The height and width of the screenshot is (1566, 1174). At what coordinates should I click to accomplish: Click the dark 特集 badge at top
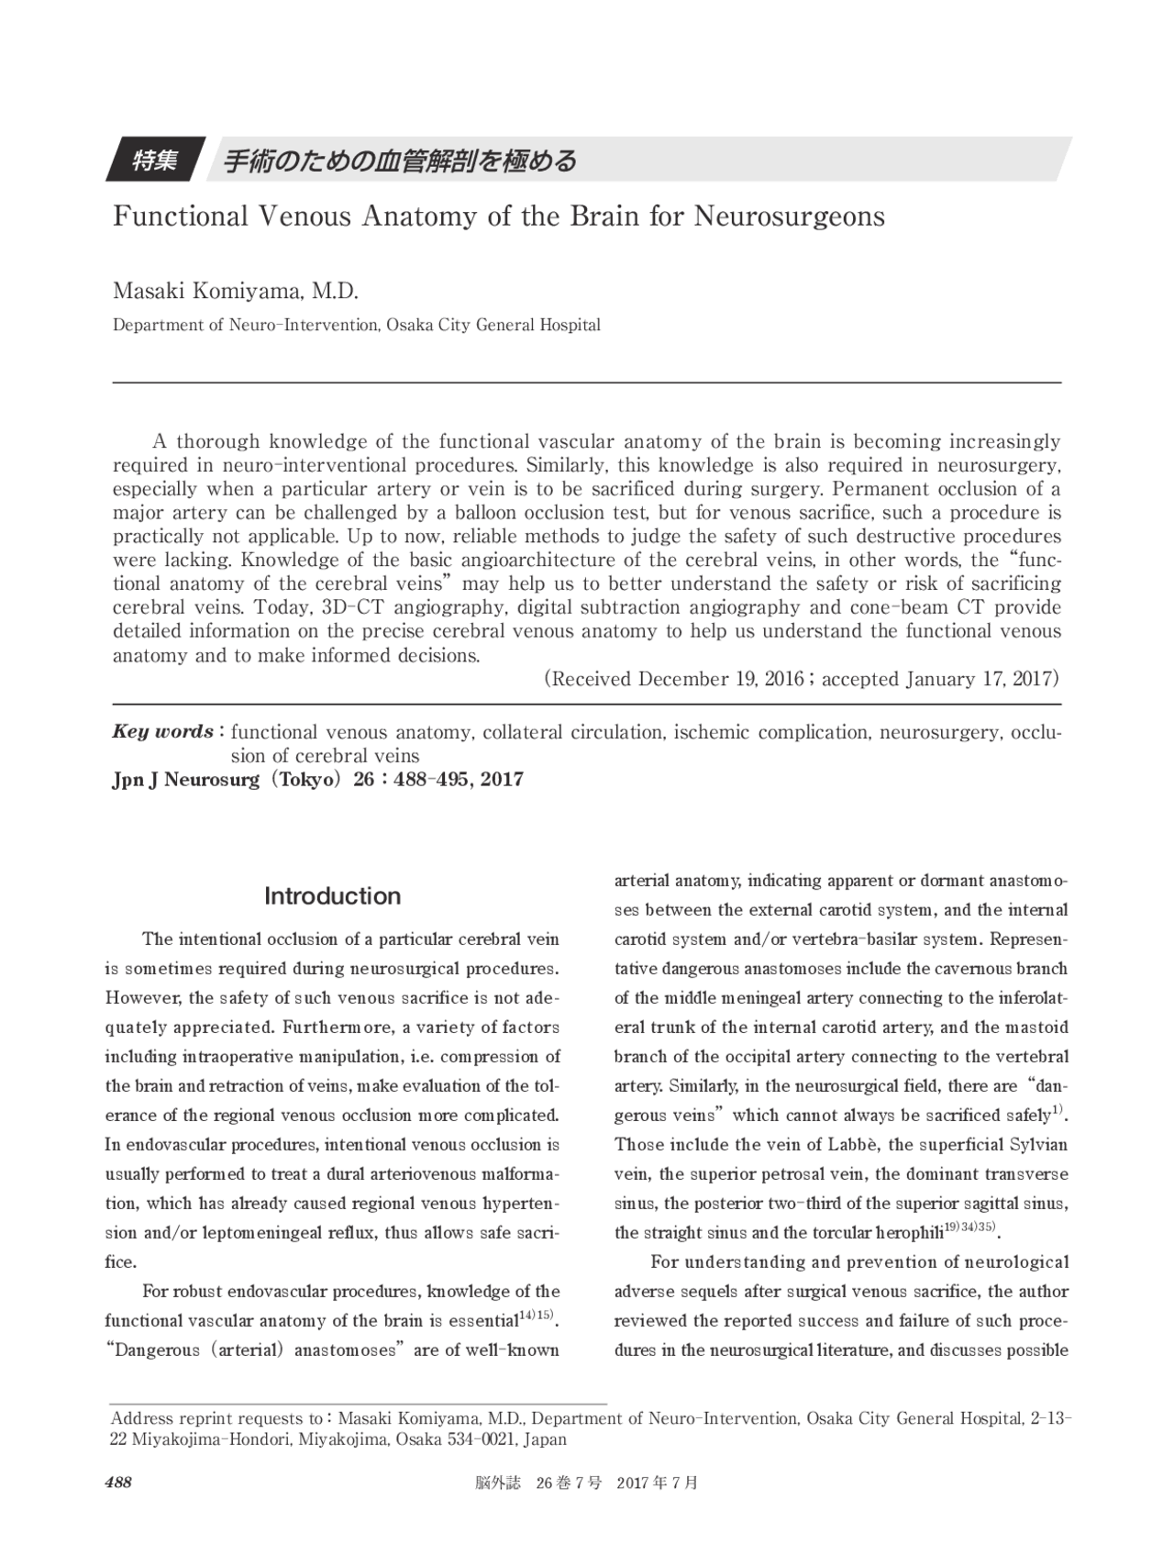[x=155, y=161]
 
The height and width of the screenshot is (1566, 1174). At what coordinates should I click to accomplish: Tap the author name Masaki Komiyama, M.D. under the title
[x=235, y=292]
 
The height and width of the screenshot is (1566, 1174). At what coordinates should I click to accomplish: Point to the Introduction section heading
[x=332, y=896]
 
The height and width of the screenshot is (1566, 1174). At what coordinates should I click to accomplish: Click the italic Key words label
[x=163, y=732]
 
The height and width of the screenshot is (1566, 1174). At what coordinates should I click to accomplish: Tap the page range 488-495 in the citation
[x=425, y=780]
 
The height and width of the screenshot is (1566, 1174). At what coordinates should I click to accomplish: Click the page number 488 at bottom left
[x=118, y=1483]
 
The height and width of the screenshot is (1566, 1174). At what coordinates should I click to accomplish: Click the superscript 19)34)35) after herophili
[x=969, y=1227]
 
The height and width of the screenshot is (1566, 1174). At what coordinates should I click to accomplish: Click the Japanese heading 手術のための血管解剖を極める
[x=401, y=161]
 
